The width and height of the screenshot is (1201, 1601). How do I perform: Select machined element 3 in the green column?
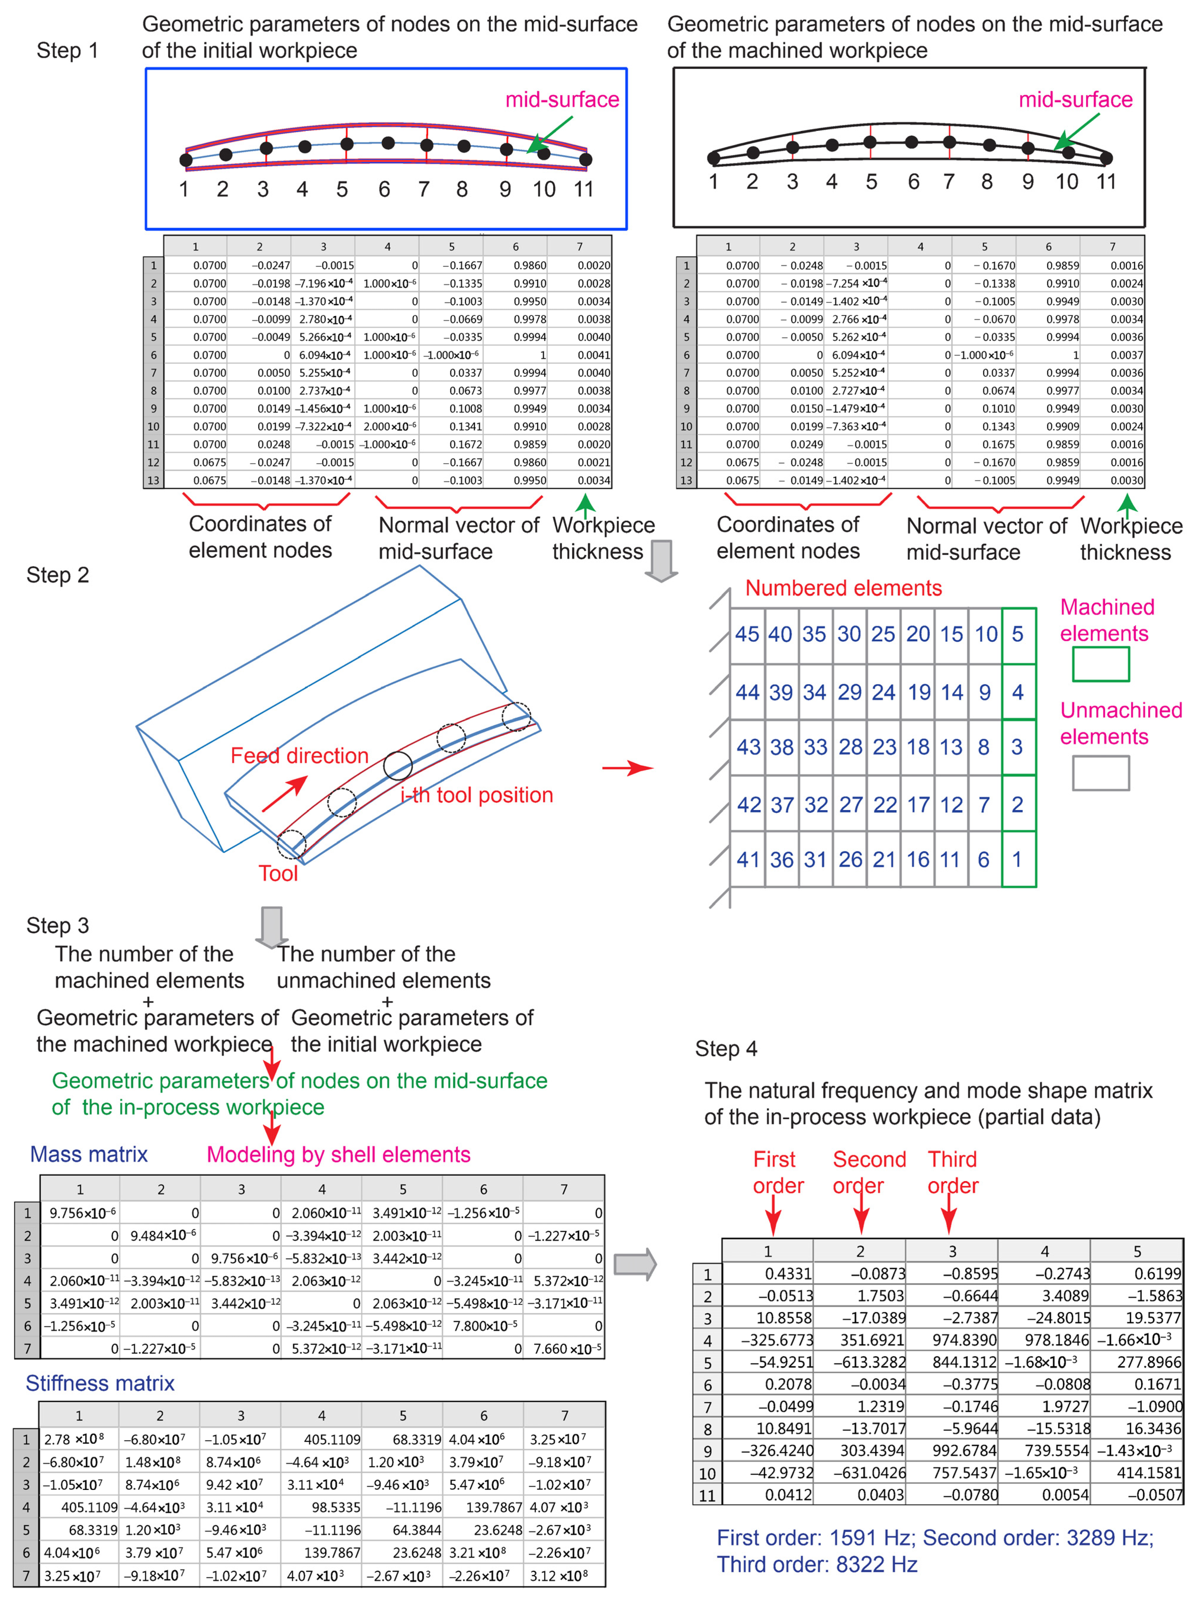tap(1017, 747)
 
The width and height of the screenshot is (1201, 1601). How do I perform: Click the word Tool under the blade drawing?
tap(278, 874)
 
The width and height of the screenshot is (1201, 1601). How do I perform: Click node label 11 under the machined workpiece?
tap(1105, 182)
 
